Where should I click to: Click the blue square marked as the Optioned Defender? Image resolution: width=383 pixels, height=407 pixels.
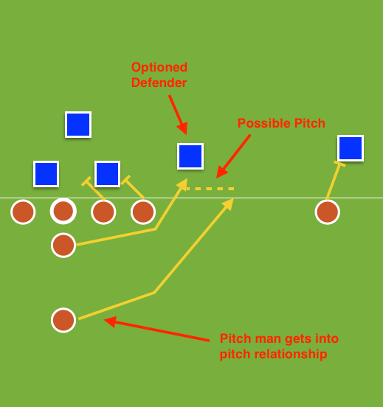[190, 156]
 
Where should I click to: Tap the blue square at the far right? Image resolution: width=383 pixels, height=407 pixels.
[351, 148]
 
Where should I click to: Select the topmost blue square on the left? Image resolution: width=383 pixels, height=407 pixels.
[78, 125]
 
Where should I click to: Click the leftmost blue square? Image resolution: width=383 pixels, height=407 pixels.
[46, 174]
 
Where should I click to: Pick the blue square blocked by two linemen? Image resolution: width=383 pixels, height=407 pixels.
[108, 174]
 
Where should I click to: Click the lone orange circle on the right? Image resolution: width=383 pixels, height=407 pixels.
[327, 212]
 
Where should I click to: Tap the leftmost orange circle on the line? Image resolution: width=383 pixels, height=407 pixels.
[23, 212]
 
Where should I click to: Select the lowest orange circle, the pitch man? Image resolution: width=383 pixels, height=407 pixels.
[63, 320]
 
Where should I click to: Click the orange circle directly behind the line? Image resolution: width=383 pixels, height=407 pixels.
[63, 245]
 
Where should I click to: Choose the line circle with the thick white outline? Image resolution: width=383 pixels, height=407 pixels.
[63, 211]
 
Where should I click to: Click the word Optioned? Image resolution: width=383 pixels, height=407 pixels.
[159, 67]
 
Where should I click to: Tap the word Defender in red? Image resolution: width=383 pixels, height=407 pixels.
[159, 83]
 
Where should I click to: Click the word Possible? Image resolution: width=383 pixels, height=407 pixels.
[262, 123]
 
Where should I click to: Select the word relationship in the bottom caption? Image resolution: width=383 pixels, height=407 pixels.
[291, 355]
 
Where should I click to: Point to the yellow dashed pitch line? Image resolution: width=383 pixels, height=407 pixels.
[210, 189]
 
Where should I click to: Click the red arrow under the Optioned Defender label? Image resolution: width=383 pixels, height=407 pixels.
[176, 114]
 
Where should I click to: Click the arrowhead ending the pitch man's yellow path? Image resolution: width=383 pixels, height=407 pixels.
[230, 202]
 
